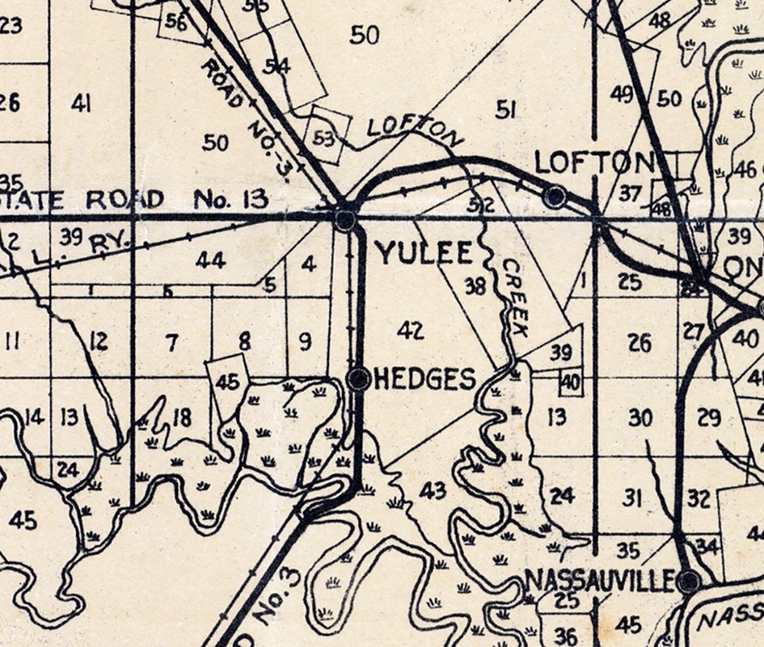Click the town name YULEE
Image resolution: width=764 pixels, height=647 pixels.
(x=424, y=253)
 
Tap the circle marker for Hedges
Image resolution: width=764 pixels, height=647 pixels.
(x=358, y=378)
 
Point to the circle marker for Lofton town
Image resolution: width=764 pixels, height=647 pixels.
(x=555, y=196)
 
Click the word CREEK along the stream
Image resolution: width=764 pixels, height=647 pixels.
(x=514, y=298)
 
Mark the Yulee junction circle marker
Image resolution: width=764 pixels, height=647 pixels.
(x=345, y=219)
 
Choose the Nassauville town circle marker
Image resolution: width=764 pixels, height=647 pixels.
(x=689, y=581)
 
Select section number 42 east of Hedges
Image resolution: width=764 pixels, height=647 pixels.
(x=411, y=330)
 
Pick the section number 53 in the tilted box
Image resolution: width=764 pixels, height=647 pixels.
(x=323, y=138)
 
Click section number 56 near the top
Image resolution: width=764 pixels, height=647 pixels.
(x=175, y=22)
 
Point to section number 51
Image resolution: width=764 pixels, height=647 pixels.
(x=505, y=109)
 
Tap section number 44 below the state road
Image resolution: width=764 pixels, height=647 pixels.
(x=210, y=260)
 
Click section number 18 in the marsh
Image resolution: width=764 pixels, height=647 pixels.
(x=182, y=417)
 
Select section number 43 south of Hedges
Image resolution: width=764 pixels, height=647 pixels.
(x=433, y=490)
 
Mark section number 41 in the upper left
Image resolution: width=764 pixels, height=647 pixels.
(x=80, y=103)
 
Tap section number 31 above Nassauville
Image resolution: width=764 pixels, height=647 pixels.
(x=632, y=497)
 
